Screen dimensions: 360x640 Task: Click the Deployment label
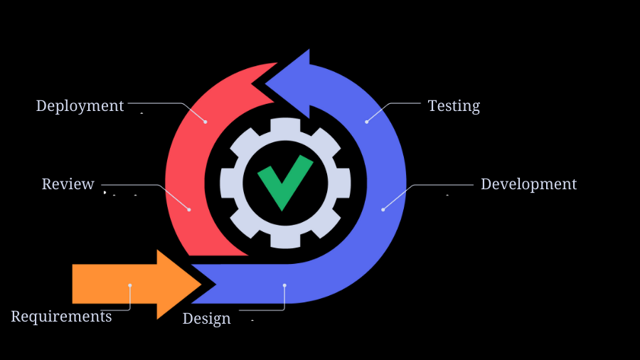tap(80, 106)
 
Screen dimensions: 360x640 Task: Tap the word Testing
tap(454, 106)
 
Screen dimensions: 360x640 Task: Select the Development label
tap(528, 184)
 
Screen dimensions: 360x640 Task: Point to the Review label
tap(68, 184)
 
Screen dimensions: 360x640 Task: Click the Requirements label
tap(61, 317)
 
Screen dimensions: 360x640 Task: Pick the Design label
tap(206, 319)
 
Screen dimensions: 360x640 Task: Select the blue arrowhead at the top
tap(292, 82)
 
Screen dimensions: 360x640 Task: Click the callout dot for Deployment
tap(206, 122)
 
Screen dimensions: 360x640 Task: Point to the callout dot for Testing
tap(367, 122)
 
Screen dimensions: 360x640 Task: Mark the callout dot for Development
tap(383, 209)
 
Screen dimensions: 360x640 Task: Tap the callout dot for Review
tap(189, 209)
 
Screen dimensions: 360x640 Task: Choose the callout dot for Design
tap(284, 285)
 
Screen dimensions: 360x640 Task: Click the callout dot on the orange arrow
tap(130, 285)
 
